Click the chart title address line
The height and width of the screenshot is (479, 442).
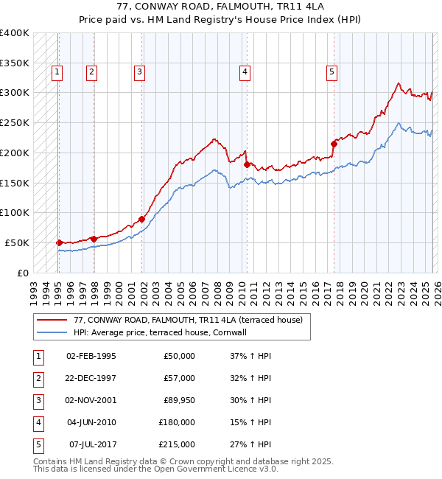tap(221, 6)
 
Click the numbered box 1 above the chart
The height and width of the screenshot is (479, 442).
tap(57, 71)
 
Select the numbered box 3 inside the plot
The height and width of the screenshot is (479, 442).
tap(139, 71)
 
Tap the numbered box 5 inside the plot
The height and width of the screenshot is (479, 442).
tap(332, 71)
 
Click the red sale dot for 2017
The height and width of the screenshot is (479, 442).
tap(334, 144)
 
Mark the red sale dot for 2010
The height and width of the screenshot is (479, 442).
tap(247, 164)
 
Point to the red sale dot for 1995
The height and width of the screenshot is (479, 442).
tap(59, 242)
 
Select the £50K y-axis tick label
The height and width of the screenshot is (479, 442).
tap(18, 242)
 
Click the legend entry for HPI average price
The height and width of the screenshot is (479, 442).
tap(159, 332)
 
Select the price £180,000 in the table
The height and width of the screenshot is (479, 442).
tap(177, 422)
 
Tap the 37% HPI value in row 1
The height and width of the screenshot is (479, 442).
tap(251, 356)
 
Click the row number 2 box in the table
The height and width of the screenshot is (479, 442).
tap(37, 378)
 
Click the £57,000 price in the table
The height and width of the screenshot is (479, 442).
tap(179, 378)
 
